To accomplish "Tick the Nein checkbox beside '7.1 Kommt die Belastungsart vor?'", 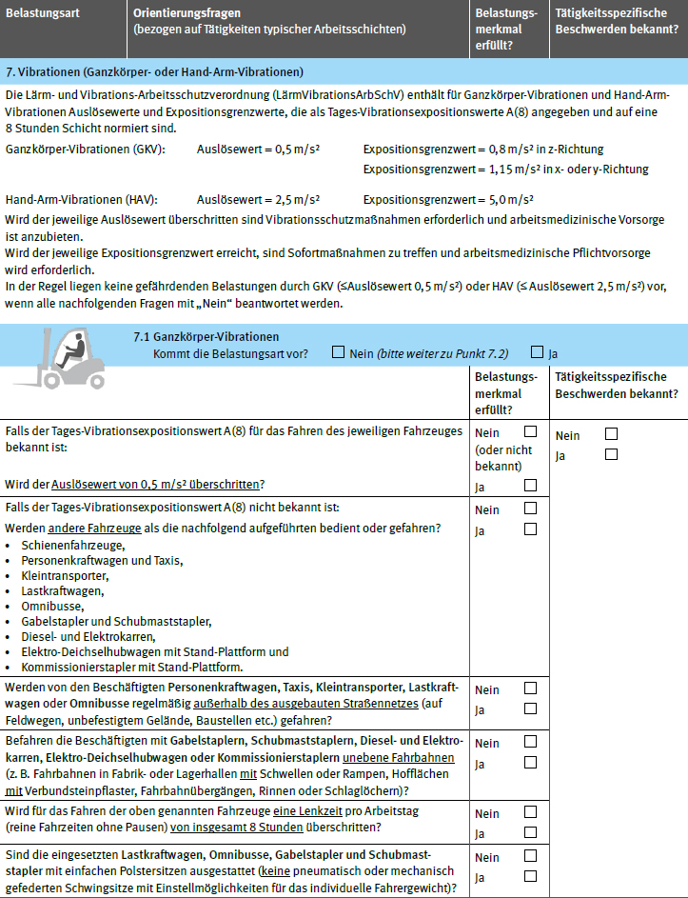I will click(338, 352).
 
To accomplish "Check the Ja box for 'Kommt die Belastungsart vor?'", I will click(538, 352).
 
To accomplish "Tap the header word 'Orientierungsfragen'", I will click(187, 12).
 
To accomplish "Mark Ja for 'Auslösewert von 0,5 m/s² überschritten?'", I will click(530, 486).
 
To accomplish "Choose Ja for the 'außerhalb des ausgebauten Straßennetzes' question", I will click(530, 709).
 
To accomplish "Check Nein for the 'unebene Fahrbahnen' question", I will click(530, 743).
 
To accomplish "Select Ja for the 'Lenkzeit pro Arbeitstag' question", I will click(530, 833).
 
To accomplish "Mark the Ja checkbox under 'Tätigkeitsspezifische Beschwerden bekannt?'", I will click(611, 455).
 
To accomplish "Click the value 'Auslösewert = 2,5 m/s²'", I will click(258, 200).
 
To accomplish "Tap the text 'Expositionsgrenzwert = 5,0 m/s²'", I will click(448, 200).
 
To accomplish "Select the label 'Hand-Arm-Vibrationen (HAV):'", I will click(81, 200).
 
